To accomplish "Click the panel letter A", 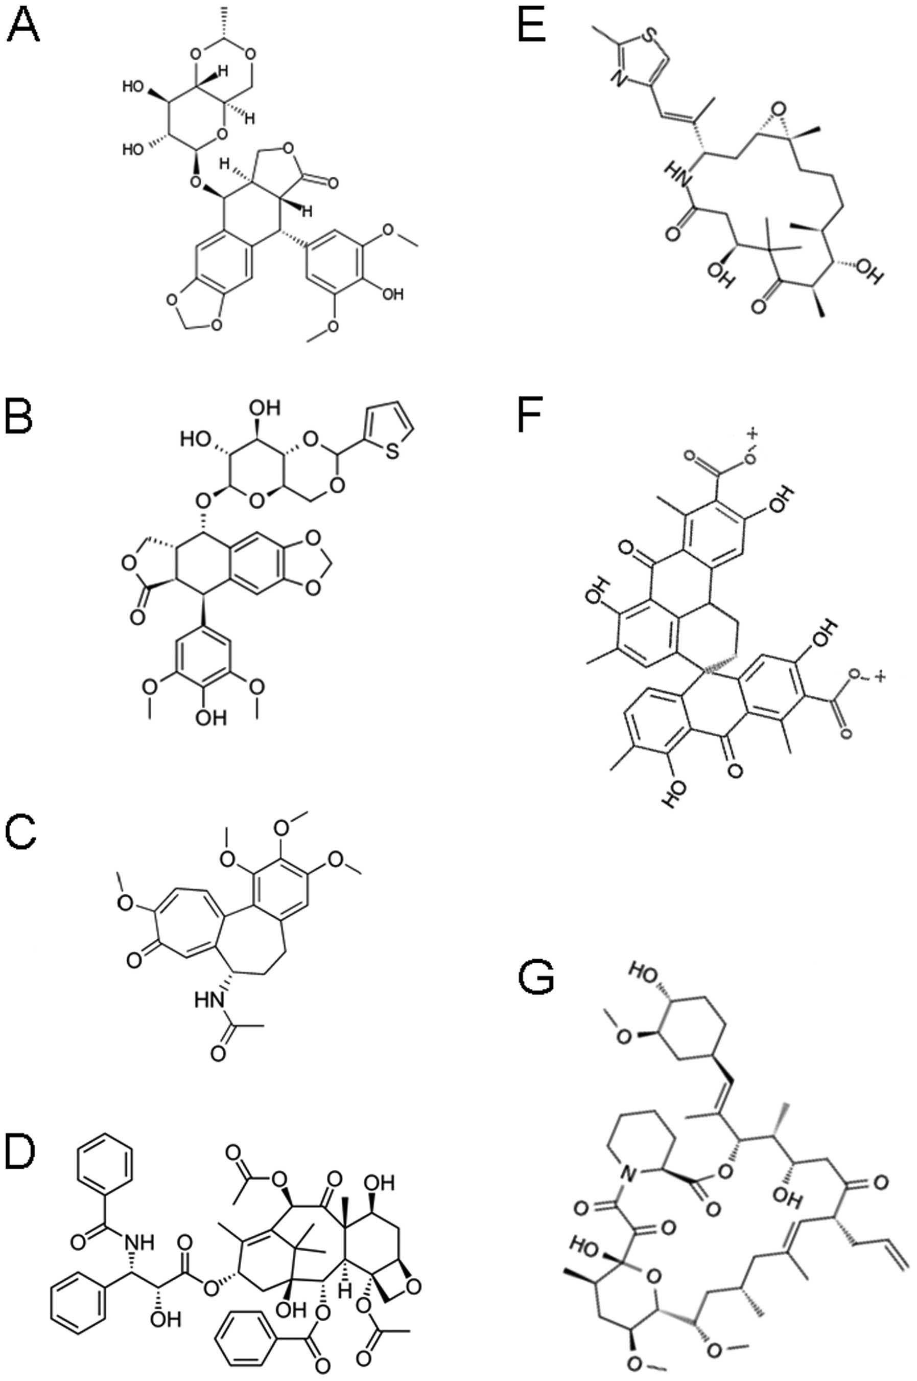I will click(22, 27).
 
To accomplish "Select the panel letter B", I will click(19, 418).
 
